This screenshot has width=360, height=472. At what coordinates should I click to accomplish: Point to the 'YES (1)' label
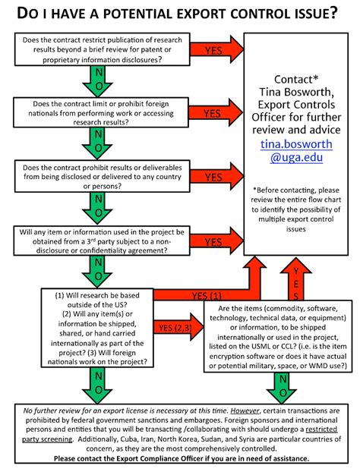point(207,294)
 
